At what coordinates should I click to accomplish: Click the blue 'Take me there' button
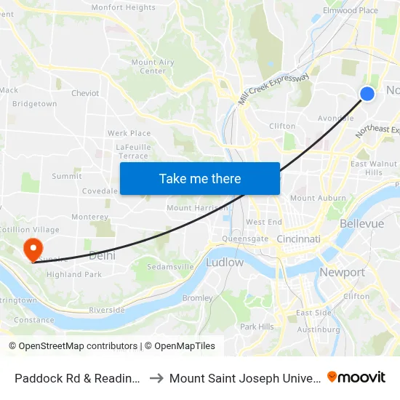[x=200, y=178]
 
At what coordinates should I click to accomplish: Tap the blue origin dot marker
[x=367, y=93]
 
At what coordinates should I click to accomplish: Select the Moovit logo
[x=356, y=377]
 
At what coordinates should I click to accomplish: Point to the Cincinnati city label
[x=299, y=239]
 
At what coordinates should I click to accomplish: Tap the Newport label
[x=342, y=272]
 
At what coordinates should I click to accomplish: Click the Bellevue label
[x=361, y=223]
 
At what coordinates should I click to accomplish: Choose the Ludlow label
[x=225, y=262]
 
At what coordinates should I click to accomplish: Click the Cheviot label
[x=85, y=93]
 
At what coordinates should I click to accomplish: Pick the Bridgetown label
[x=34, y=104]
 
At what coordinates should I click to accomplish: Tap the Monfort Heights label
[x=123, y=7]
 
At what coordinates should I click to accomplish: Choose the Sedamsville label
[x=169, y=267]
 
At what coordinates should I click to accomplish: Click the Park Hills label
[x=257, y=327]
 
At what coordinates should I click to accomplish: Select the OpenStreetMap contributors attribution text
[x=73, y=346]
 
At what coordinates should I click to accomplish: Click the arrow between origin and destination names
[x=157, y=377]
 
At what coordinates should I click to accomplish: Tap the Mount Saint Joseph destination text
[x=244, y=377]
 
